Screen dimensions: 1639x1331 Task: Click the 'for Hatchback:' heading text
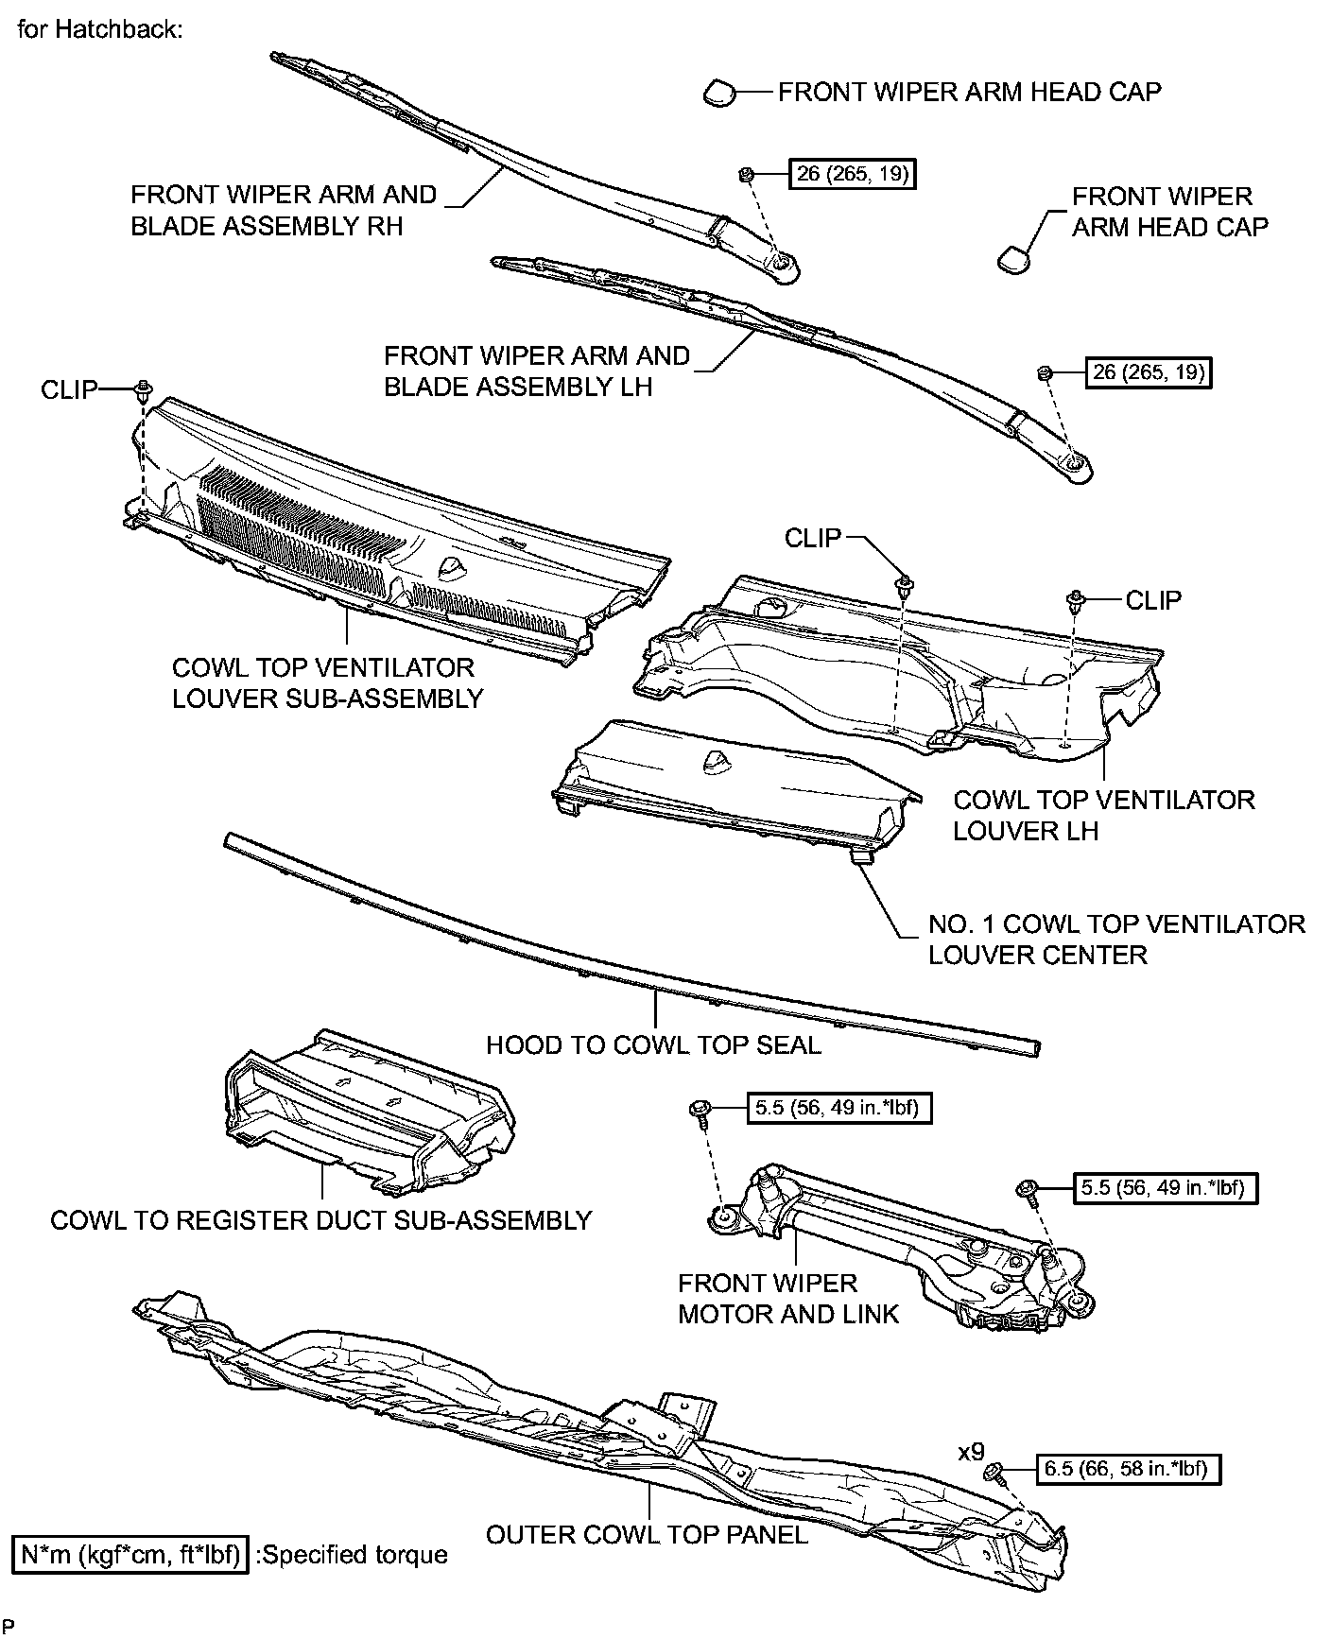(x=99, y=29)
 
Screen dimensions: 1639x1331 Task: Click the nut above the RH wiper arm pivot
(x=745, y=174)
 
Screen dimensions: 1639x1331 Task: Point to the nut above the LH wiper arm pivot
(x=1045, y=372)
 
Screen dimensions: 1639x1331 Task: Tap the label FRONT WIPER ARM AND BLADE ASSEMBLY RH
(x=283, y=211)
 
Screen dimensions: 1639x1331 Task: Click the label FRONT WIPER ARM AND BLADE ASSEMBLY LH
(x=536, y=371)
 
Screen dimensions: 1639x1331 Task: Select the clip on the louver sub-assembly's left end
(x=144, y=388)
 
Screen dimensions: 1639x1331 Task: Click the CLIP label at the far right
(x=1153, y=600)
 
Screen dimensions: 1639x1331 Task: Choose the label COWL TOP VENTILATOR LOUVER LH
(x=1103, y=815)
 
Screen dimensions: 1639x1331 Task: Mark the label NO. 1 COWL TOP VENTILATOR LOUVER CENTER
(x=1115, y=939)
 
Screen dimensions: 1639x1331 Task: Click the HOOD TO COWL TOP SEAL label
(x=653, y=1045)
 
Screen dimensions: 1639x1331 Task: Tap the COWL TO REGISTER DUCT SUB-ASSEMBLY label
(x=320, y=1220)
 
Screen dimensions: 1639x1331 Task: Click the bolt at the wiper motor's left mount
(x=701, y=1109)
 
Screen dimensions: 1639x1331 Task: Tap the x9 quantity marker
(x=971, y=1451)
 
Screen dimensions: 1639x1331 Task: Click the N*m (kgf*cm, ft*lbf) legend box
(x=130, y=1554)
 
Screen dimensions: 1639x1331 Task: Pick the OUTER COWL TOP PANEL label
(x=647, y=1534)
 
